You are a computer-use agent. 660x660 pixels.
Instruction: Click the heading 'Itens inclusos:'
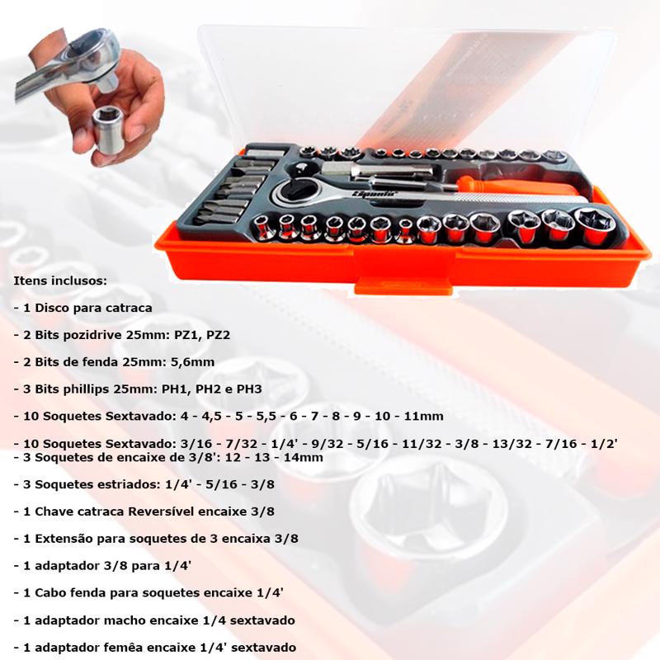click(x=60, y=280)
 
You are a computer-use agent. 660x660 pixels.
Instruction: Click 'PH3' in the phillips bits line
click(x=249, y=389)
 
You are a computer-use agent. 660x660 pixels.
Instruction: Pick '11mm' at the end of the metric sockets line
click(x=424, y=417)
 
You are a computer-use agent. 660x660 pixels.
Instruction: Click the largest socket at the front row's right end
click(x=595, y=226)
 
